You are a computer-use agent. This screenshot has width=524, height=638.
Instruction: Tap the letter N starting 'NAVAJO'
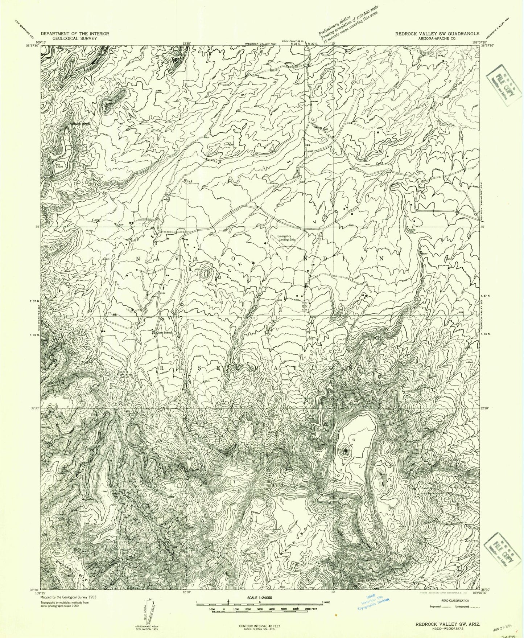tap(138, 258)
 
